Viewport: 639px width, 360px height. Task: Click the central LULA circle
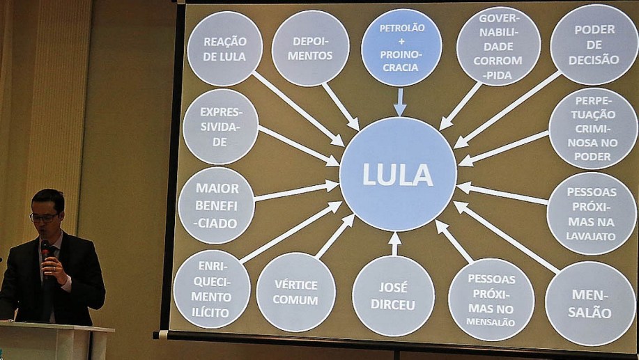(397, 174)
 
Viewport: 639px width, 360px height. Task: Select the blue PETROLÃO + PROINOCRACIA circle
(401, 47)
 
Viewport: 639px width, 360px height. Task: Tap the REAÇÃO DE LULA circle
(224, 49)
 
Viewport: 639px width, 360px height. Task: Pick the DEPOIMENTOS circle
(310, 48)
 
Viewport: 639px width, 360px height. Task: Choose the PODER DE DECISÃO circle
(594, 45)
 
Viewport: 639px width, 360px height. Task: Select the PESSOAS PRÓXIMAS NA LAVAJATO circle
(591, 212)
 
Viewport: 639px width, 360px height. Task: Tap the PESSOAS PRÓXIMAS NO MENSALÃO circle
(491, 299)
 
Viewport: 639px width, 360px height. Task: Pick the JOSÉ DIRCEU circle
(393, 296)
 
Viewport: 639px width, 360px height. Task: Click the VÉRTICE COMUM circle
(295, 292)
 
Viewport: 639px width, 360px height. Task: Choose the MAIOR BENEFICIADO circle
(216, 205)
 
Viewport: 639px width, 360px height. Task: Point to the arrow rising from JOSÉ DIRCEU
(394, 243)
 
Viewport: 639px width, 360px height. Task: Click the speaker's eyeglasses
(45, 217)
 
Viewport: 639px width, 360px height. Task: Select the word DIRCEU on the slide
(393, 305)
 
